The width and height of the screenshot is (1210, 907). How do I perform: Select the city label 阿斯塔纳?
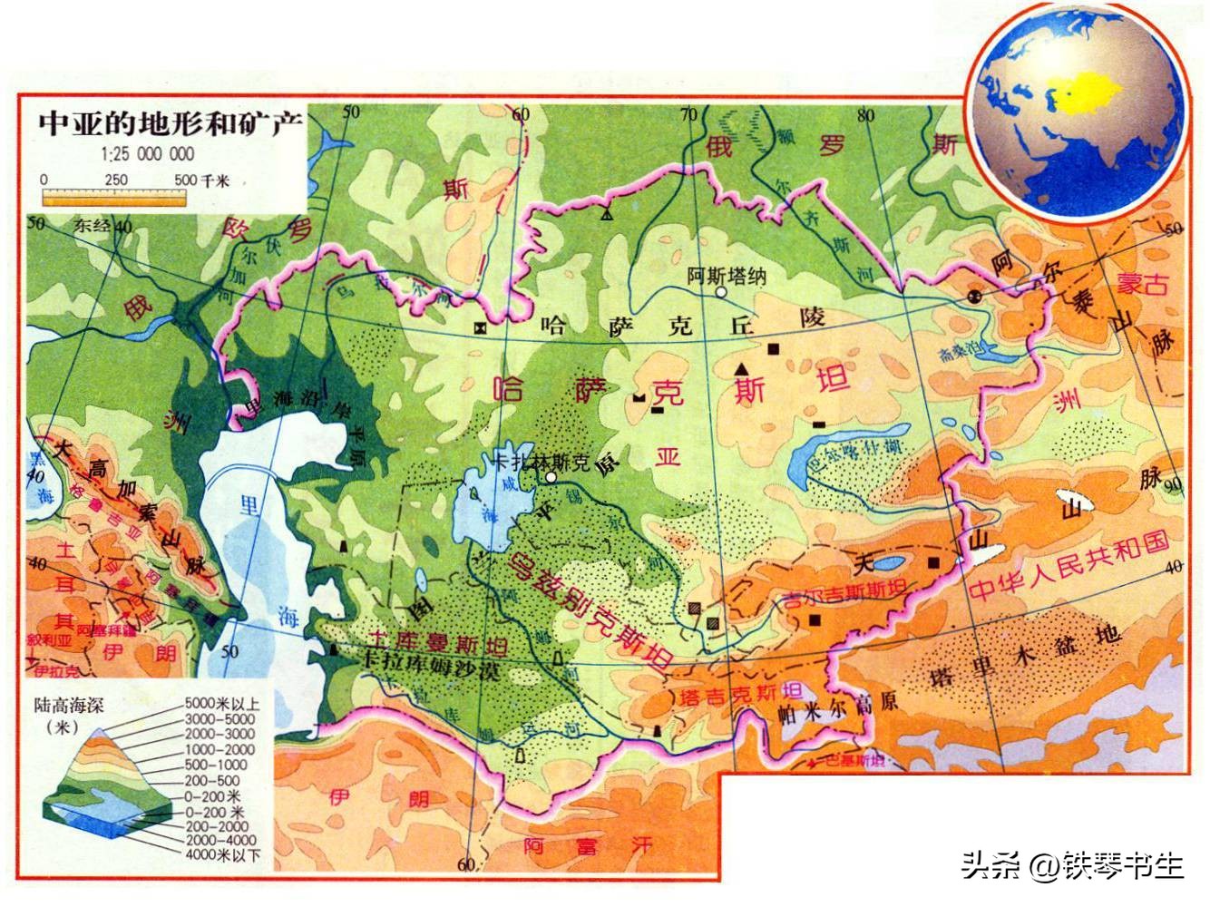tap(726, 276)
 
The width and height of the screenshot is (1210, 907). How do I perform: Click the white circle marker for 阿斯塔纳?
tap(720, 294)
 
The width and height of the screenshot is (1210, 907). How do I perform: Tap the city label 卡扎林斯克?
tap(532, 461)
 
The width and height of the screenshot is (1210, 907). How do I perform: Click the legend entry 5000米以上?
tap(222, 704)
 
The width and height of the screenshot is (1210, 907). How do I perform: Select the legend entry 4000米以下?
tap(222, 855)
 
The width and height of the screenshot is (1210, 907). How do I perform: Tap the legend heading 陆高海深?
tap(69, 704)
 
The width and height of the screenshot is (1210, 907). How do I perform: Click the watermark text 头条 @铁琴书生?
tap(1073, 864)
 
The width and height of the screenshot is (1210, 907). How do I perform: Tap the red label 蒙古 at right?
tap(1141, 284)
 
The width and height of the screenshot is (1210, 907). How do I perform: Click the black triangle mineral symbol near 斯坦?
tap(742, 367)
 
